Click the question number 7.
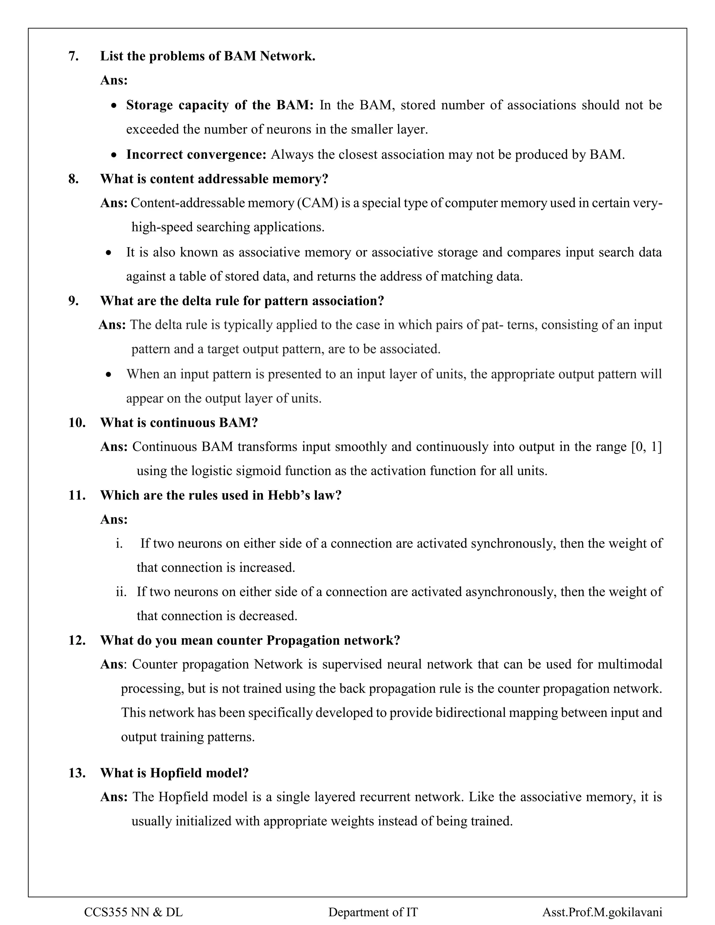(x=73, y=56)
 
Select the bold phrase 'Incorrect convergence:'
(x=196, y=155)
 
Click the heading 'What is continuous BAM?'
(x=179, y=423)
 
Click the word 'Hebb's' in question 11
(x=288, y=495)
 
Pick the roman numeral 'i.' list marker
(x=119, y=543)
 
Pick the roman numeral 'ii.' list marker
(x=121, y=592)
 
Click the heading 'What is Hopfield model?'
(x=174, y=773)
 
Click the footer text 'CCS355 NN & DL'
(x=133, y=912)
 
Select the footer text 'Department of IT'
(x=373, y=912)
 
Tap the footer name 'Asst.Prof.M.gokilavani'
(x=602, y=912)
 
